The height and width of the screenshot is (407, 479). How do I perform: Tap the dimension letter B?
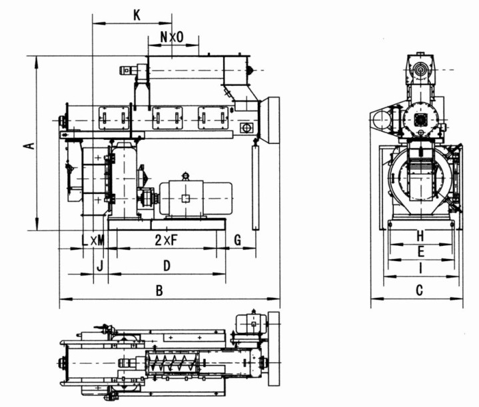pyautogui.click(x=159, y=290)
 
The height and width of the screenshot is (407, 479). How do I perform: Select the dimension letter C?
pyautogui.click(x=420, y=290)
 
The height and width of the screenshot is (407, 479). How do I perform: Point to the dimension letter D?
pyautogui.click(x=167, y=266)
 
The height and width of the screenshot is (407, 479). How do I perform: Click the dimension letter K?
pyautogui.click(x=137, y=15)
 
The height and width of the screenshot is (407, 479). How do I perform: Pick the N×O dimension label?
pyautogui.click(x=172, y=37)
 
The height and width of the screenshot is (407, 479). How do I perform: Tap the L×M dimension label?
pyautogui.click(x=93, y=240)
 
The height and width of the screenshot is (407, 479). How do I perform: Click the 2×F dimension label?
pyautogui.click(x=166, y=240)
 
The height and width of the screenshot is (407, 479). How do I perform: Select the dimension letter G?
pyautogui.click(x=237, y=240)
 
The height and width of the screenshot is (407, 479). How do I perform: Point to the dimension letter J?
pyautogui.click(x=100, y=266)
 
